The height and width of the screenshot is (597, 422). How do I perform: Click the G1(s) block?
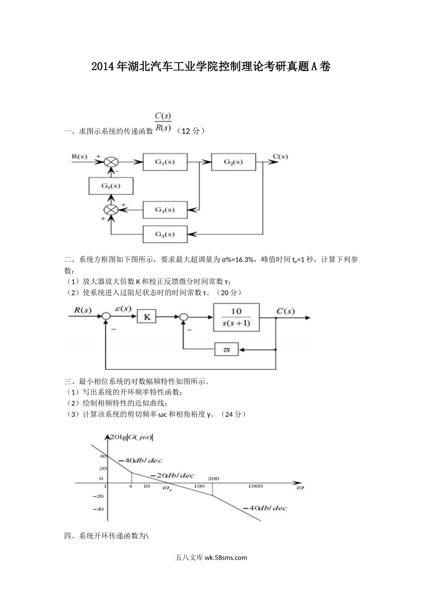165,162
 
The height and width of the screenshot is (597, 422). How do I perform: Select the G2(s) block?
233,162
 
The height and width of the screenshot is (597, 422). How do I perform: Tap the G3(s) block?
165,210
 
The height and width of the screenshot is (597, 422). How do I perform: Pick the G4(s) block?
165,234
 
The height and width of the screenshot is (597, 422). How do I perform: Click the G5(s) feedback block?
111,186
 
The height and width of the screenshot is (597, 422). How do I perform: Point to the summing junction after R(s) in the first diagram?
111,162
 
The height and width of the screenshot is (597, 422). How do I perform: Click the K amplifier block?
147,317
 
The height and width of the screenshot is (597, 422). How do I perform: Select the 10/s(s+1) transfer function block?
236,317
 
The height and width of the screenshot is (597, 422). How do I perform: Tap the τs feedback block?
227,350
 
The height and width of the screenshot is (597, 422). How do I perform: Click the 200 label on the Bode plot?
213,478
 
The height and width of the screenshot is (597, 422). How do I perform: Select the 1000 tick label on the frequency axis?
255,486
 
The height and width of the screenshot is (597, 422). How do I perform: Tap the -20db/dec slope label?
172,475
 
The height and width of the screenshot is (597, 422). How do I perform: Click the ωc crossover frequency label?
167,489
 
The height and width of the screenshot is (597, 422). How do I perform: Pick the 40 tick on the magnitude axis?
103,456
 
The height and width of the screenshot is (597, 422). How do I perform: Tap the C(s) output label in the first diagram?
280,156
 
